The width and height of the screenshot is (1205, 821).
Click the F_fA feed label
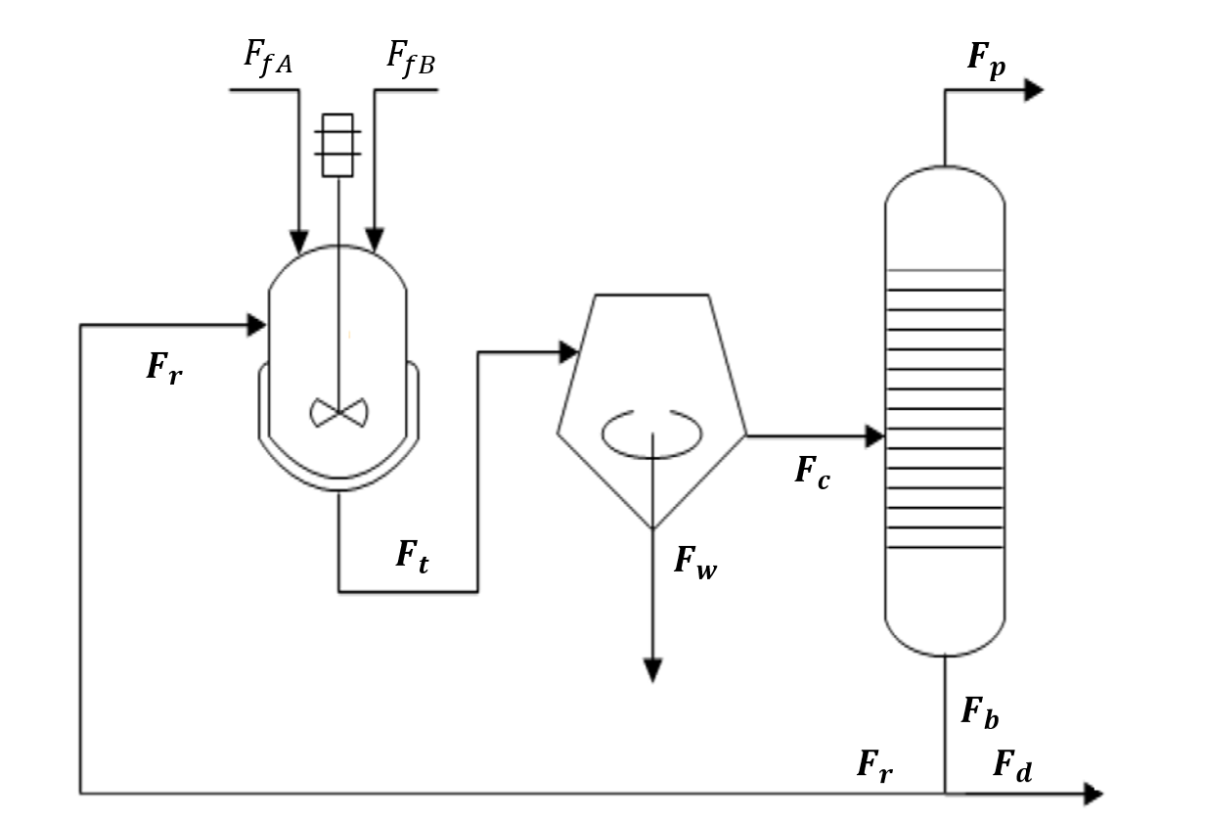(x=269, y=57)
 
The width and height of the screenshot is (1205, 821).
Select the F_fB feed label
(x=411, y=57)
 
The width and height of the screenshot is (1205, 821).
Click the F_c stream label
(x=812, y=473)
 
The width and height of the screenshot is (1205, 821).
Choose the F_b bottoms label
(x=979, y=711)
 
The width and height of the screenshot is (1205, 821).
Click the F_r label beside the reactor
(x=164, y=367)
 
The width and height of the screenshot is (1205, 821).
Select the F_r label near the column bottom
(x=874, y=764)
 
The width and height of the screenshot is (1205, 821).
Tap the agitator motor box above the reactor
(x=337, y=145)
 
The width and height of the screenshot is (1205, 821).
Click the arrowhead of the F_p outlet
(x=1034, y=90)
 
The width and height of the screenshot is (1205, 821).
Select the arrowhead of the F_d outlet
(x=1093, y=794)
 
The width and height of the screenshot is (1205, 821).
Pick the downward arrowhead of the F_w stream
(x=652, y=670)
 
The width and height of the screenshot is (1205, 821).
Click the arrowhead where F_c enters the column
(x=874, y=436)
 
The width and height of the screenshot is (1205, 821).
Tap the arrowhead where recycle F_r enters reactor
(x=257, y=325)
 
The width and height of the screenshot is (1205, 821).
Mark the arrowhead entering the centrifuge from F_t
(x=568, y=352)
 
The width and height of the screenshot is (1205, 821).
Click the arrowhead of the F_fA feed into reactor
(x=299, y=241)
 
